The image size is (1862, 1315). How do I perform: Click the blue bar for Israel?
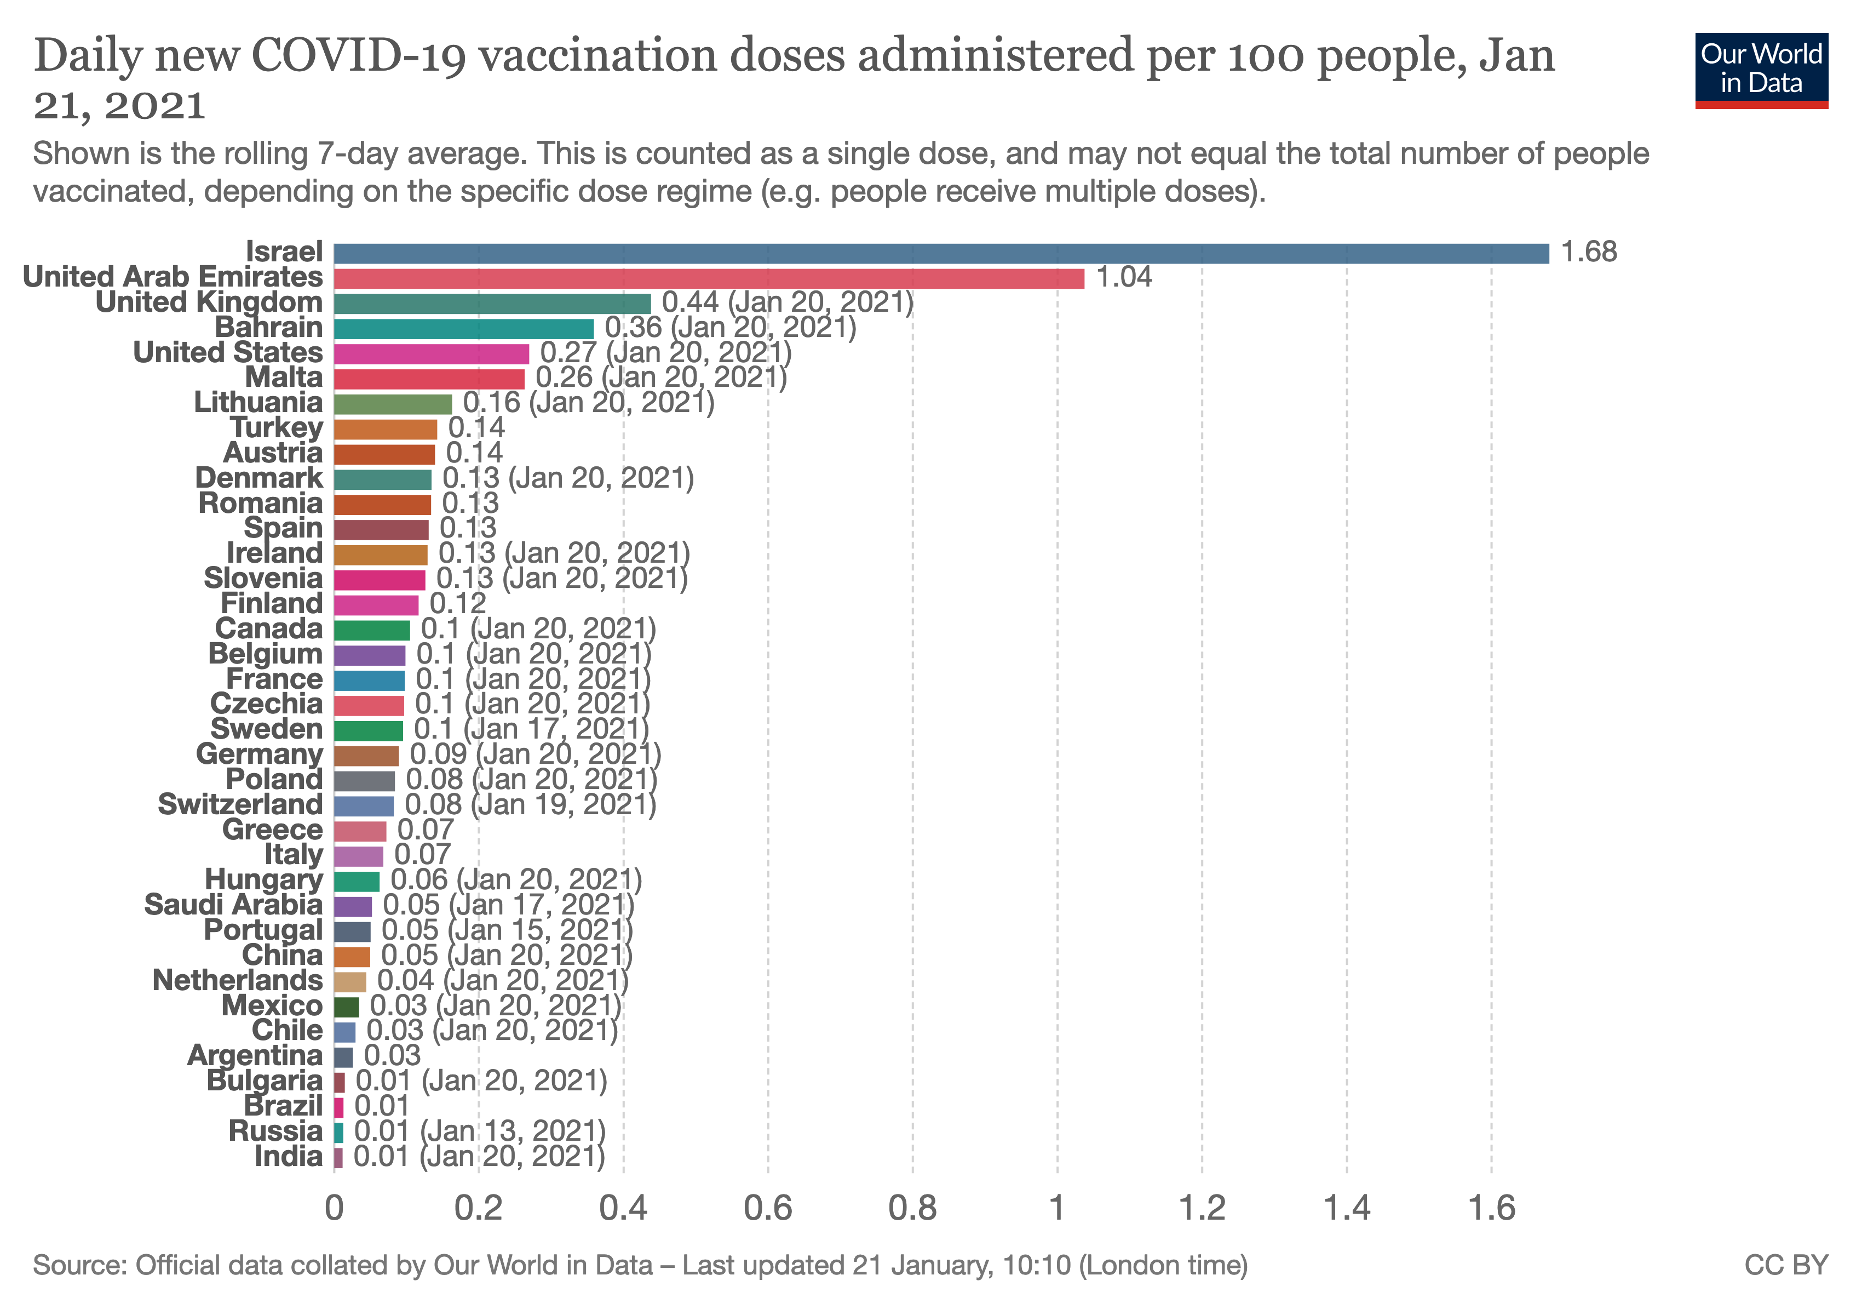coord(941,254)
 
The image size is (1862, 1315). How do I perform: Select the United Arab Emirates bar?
coord(709,279)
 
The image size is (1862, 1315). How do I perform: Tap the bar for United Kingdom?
coord(492,304)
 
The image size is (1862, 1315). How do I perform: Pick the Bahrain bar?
coord(463,329)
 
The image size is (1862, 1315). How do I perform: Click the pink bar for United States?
coord(432,355)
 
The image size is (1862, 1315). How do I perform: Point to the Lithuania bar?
coord(393,404)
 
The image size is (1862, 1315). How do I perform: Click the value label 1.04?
coord(1124,277)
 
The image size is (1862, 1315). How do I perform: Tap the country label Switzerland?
coord(240,805)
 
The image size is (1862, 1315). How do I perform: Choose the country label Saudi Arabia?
coord(233,905)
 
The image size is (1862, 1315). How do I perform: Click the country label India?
coord(289,1157)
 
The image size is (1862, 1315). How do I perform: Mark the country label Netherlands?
coord(238,981)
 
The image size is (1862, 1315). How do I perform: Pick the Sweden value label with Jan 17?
coord(532,729)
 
